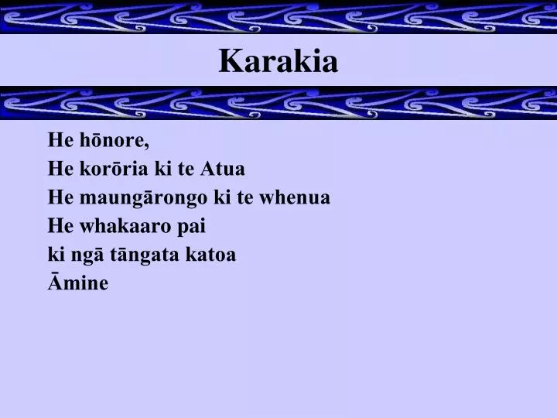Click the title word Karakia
click(x=278, y=61)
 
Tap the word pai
click(x=193, y=227)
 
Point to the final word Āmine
click(x=78, y=283)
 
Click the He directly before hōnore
click(x=60, y=141)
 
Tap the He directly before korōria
click(x=60, y=170)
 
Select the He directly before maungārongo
click(x=60, y=198)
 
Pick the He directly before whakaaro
click(x=60, y=227)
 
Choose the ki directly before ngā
click(x=55, y=255)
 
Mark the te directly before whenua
click(x=244, y=198)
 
